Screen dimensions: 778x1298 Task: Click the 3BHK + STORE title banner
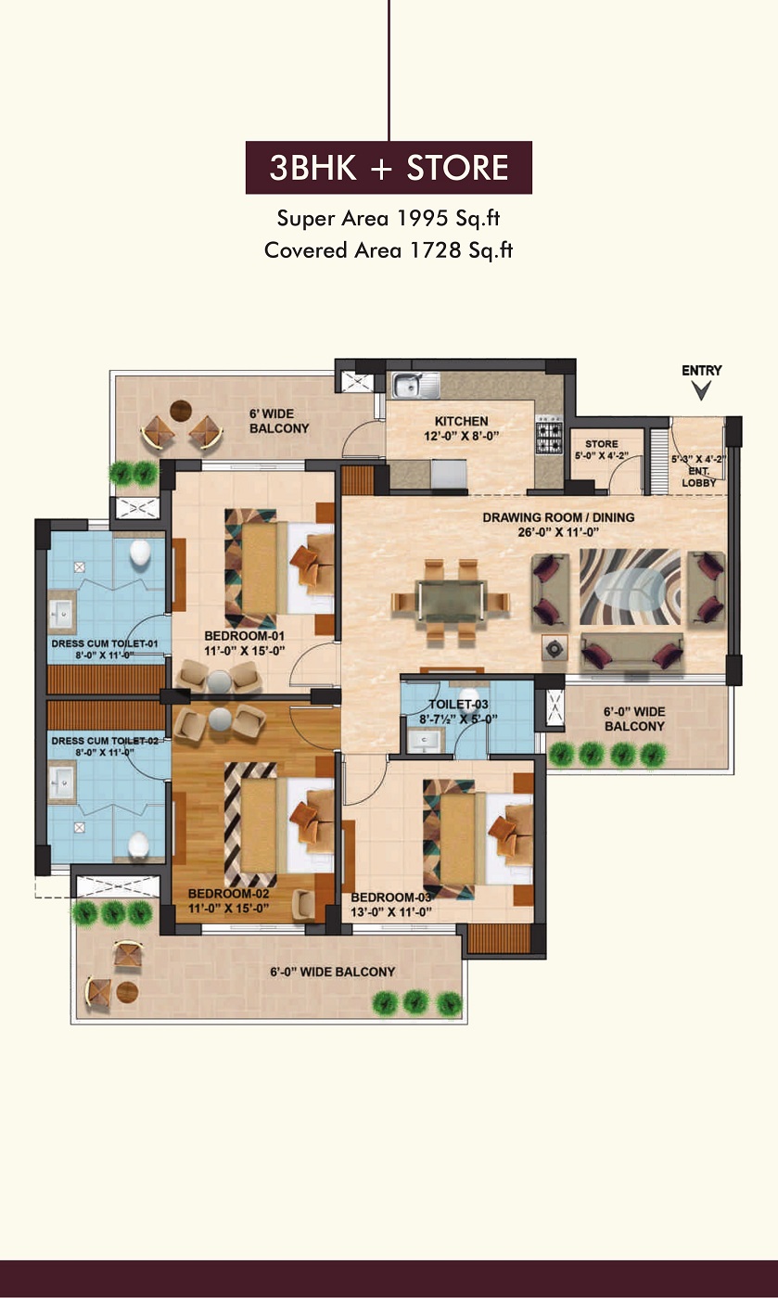389,167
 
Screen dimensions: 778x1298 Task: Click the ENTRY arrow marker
701,390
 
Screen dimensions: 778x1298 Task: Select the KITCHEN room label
462,421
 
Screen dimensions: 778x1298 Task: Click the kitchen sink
415,385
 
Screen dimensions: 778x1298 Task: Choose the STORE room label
601,444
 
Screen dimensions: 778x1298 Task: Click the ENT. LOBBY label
698,477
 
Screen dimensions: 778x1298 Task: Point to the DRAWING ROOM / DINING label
558,517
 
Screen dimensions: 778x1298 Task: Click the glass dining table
451,601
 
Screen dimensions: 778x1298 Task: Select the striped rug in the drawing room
630,586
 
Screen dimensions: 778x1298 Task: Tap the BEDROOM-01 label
244,636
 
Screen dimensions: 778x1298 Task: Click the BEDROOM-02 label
228,893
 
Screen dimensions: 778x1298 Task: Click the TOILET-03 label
458,704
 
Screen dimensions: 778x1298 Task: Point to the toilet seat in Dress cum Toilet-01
140,552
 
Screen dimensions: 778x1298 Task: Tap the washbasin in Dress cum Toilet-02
61,783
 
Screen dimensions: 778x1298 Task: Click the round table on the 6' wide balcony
180,411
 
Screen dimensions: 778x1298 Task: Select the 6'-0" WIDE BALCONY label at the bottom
332,972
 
